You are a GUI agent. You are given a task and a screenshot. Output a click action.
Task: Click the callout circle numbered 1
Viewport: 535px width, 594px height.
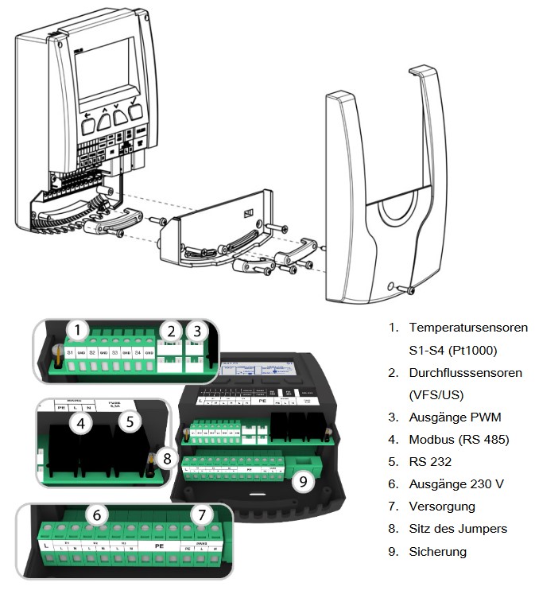[76, 329]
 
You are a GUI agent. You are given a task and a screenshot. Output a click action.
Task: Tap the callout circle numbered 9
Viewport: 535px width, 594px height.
[303, 480]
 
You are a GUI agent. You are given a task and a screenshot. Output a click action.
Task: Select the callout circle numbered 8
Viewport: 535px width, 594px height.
[165, 457]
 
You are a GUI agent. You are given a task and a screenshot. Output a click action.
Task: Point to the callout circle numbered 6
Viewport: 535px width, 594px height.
[97, 516]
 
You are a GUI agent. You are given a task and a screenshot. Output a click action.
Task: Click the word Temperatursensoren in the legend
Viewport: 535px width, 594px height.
[467, 328]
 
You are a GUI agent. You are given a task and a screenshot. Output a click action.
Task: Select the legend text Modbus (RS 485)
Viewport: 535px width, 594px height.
[459, 440]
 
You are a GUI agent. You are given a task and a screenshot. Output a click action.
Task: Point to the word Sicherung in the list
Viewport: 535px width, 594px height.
[437, 551]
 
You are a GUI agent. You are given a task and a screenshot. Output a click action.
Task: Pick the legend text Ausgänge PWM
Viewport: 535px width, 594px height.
[455, 417]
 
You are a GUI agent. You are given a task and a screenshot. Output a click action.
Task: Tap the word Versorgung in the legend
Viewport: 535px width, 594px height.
[441, 507]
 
